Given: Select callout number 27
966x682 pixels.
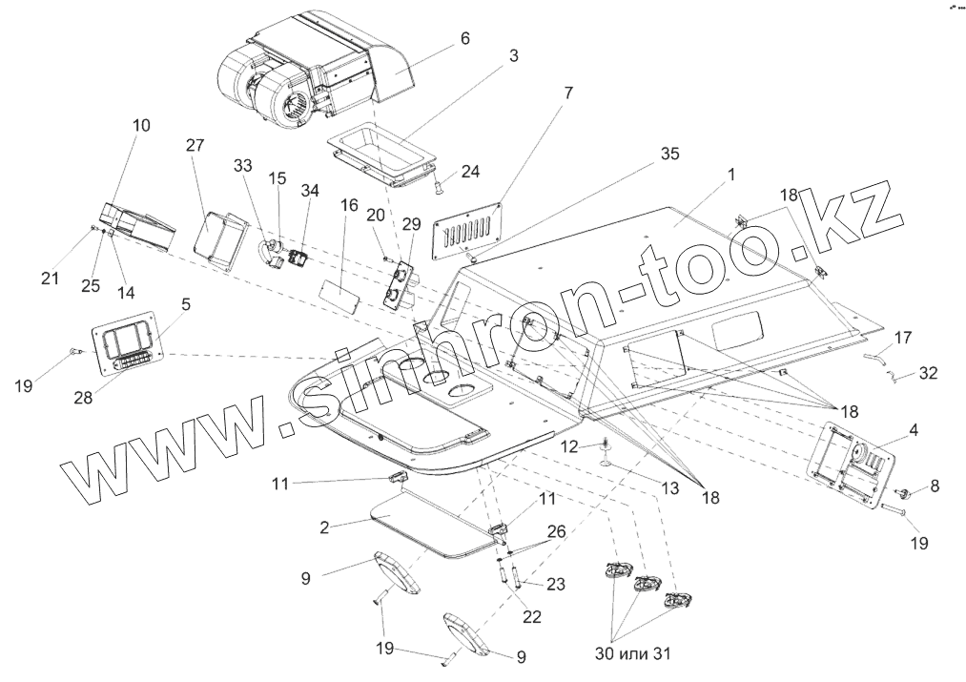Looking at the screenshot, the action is [x=195, y=145].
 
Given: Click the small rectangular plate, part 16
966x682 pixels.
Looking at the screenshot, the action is [x=338, y=292].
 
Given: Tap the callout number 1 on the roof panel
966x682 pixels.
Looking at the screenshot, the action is [x=731, y=176].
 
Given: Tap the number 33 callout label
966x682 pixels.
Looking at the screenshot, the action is [x=243, y=164].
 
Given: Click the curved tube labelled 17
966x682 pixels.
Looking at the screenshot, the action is [x=875, y=358].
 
